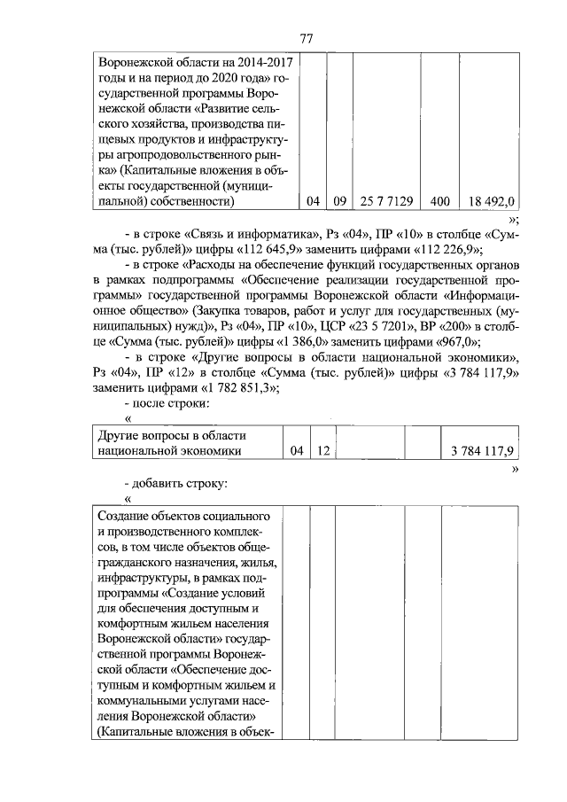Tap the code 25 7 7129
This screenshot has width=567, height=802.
click(386, 201)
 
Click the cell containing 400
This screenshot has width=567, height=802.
click(439, 201)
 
